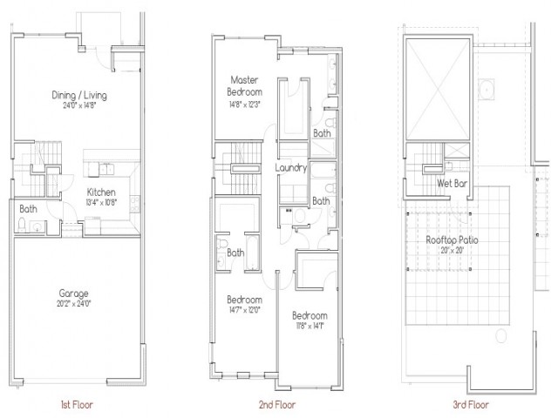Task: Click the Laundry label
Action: [x=289, y=167]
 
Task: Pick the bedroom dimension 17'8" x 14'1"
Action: [x=310, y=327]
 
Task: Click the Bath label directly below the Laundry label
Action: [x=322, y=200]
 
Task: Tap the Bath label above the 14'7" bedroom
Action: [x=235, y=253]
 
